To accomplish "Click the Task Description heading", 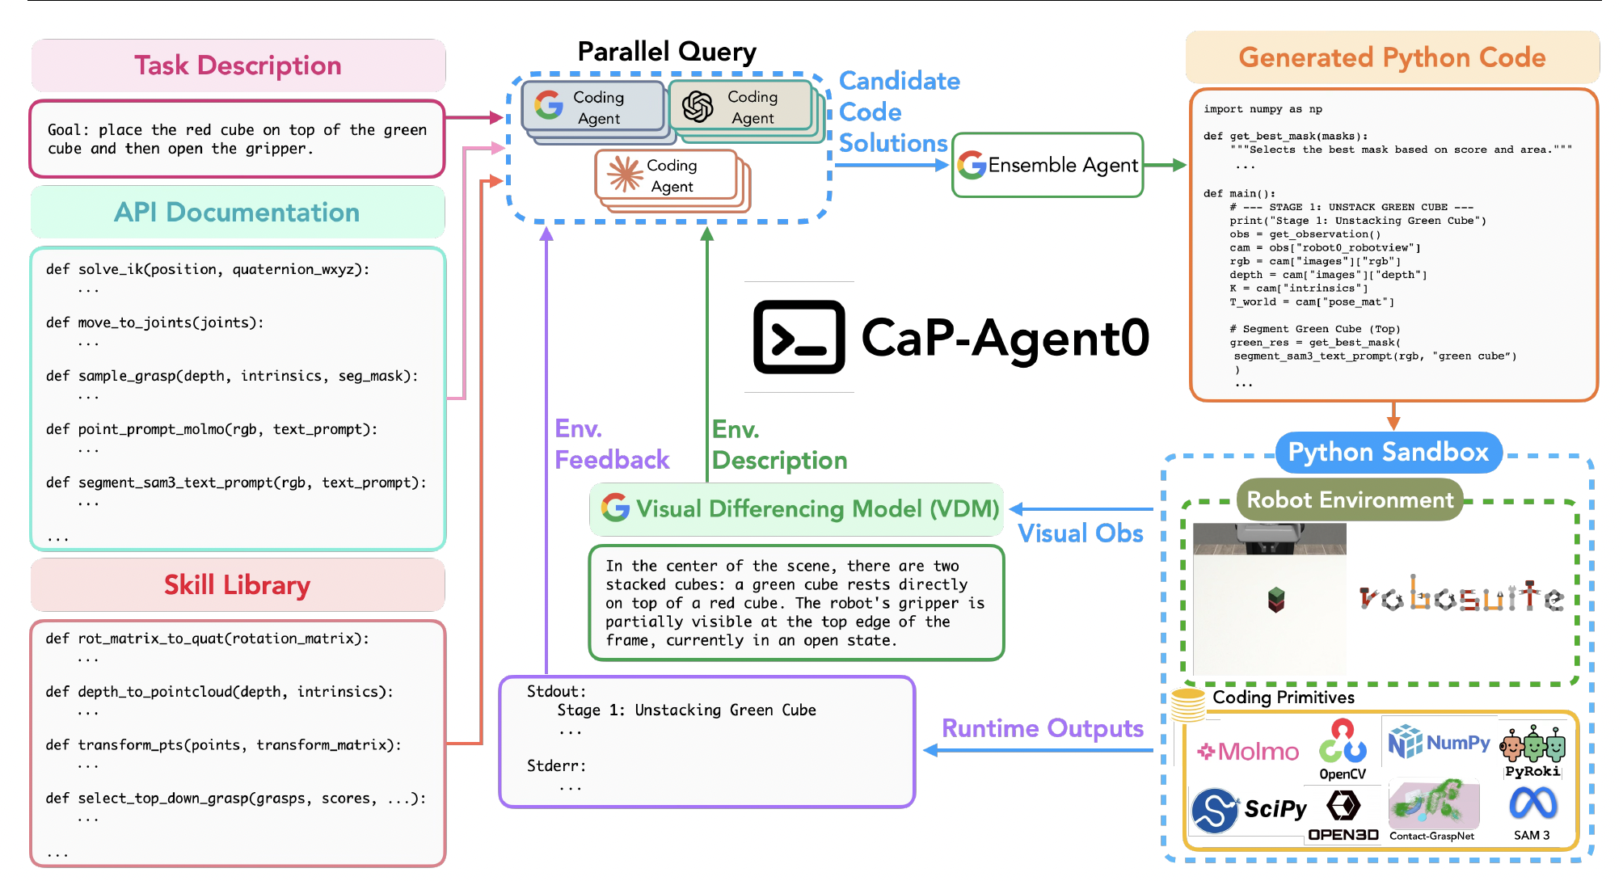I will (x=238, y=65).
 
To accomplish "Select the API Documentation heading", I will (x=237, y=213).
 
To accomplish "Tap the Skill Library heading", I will (x=237, y=585).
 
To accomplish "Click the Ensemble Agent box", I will (x=1048, y=166).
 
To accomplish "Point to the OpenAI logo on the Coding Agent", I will (x=698, y=107).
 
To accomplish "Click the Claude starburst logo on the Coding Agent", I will (x=625, y=175).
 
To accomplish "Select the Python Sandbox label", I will (x=1388, y=453).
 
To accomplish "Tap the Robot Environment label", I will (x=1350, y=500).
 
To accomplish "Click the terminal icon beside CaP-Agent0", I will (x=799, y=337).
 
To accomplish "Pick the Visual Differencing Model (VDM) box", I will (x=797, y=509).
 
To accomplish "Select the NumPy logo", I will (x=1439, y=742).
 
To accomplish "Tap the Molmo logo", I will (x=1248, y=752).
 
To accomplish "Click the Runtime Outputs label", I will (x=1043, y=728).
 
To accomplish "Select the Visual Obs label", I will (x=1080, y=534).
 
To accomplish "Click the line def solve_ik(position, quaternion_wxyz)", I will (x=208, y=270).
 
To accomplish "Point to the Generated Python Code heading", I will (x=1392, y=58).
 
